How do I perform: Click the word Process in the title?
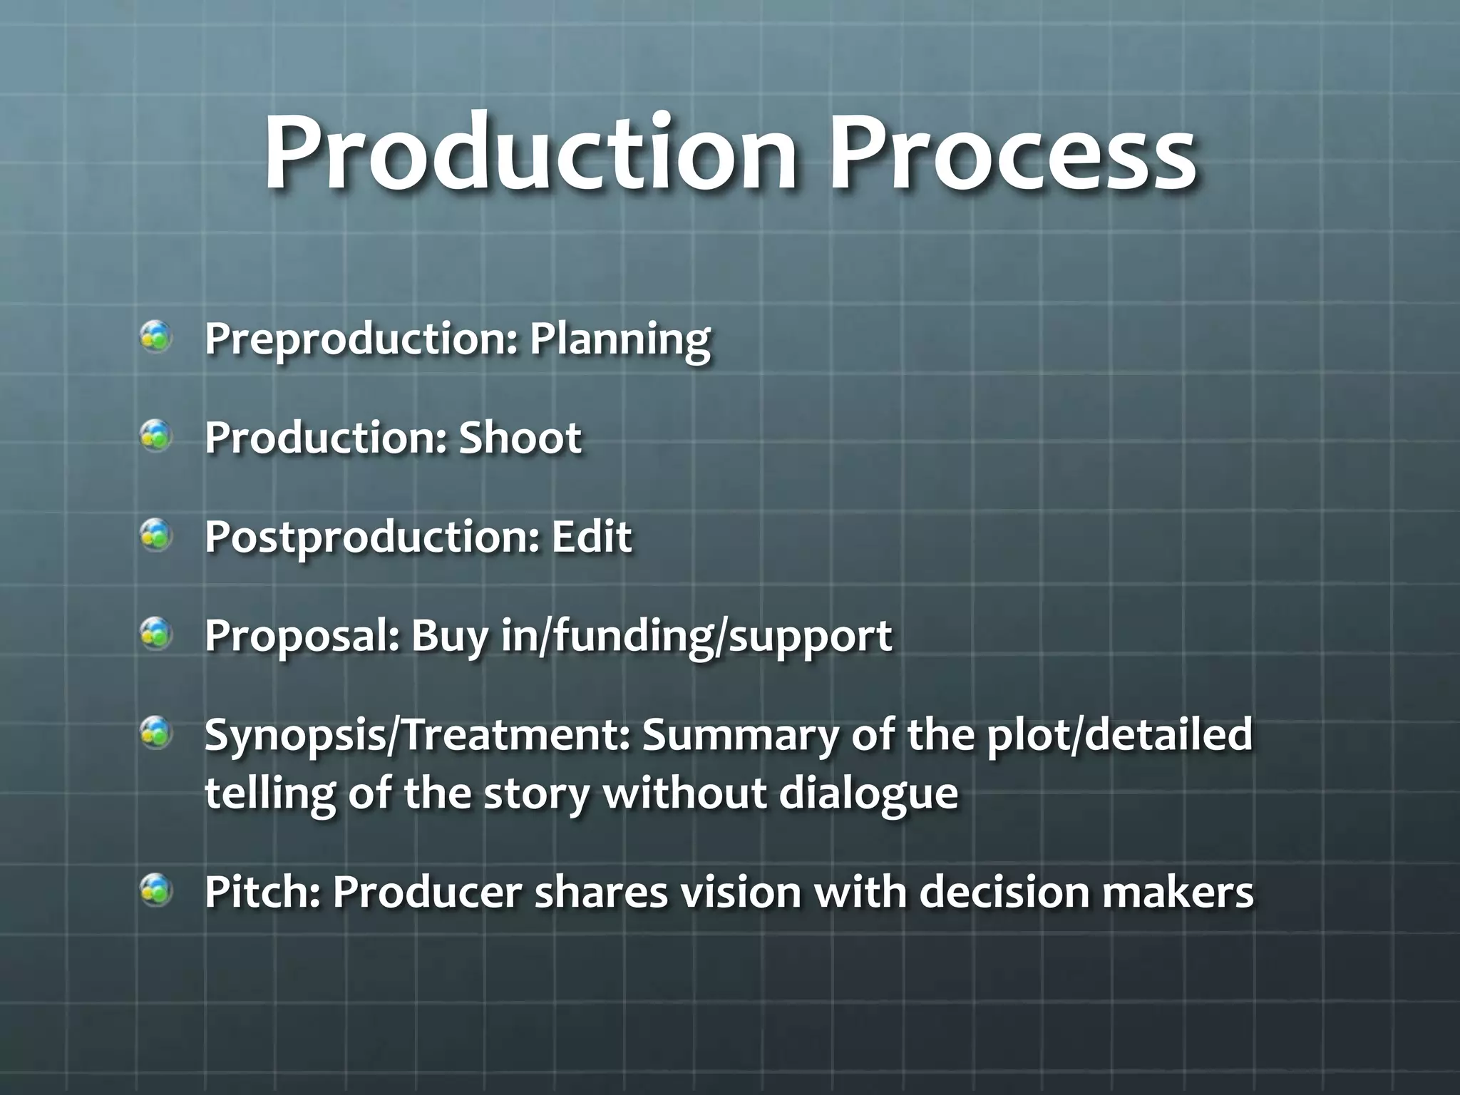pos(1012,155)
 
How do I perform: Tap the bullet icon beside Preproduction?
pos(155,337)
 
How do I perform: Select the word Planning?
pos(619,340)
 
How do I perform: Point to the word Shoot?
pos(520,437)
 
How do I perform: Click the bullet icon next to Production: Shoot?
pos(155,436)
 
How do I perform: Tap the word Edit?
pos(591,536)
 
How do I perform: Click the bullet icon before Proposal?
pos(155,633)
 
